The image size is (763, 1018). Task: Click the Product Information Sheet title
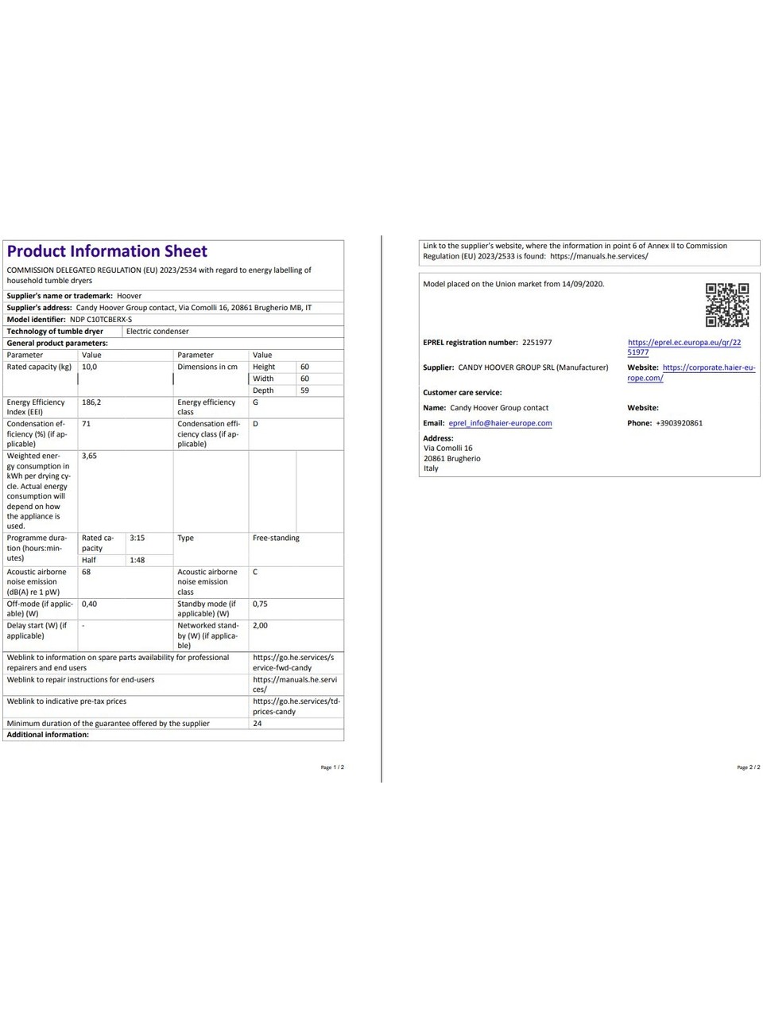coord(107,251)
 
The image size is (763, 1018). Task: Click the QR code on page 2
coord(727,305)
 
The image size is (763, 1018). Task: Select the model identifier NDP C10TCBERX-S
coord(101,319)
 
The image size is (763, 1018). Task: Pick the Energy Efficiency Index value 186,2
coord(91,402)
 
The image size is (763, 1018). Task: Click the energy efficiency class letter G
coord(255,402)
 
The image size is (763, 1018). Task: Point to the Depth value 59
coord(304,390)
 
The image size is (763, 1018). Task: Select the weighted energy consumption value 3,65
coord(89,456)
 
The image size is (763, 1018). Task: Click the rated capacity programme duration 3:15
coord(137,538)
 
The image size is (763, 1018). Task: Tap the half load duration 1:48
coord(137,560)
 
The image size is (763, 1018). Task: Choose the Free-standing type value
coord(276,538)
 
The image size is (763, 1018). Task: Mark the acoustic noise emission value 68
coord(86,572)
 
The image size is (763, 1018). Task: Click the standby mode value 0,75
coord(260,604)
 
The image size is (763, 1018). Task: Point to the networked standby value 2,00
coord(260,625)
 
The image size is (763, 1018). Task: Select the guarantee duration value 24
coord(257,724)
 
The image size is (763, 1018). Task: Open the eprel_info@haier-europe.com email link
coord(500,423)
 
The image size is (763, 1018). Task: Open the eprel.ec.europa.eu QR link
coord(684,347)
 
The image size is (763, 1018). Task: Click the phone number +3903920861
coord(679,423)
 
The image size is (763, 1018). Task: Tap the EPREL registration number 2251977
coord(536,343)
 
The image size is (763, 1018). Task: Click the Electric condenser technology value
coord(157,331)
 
